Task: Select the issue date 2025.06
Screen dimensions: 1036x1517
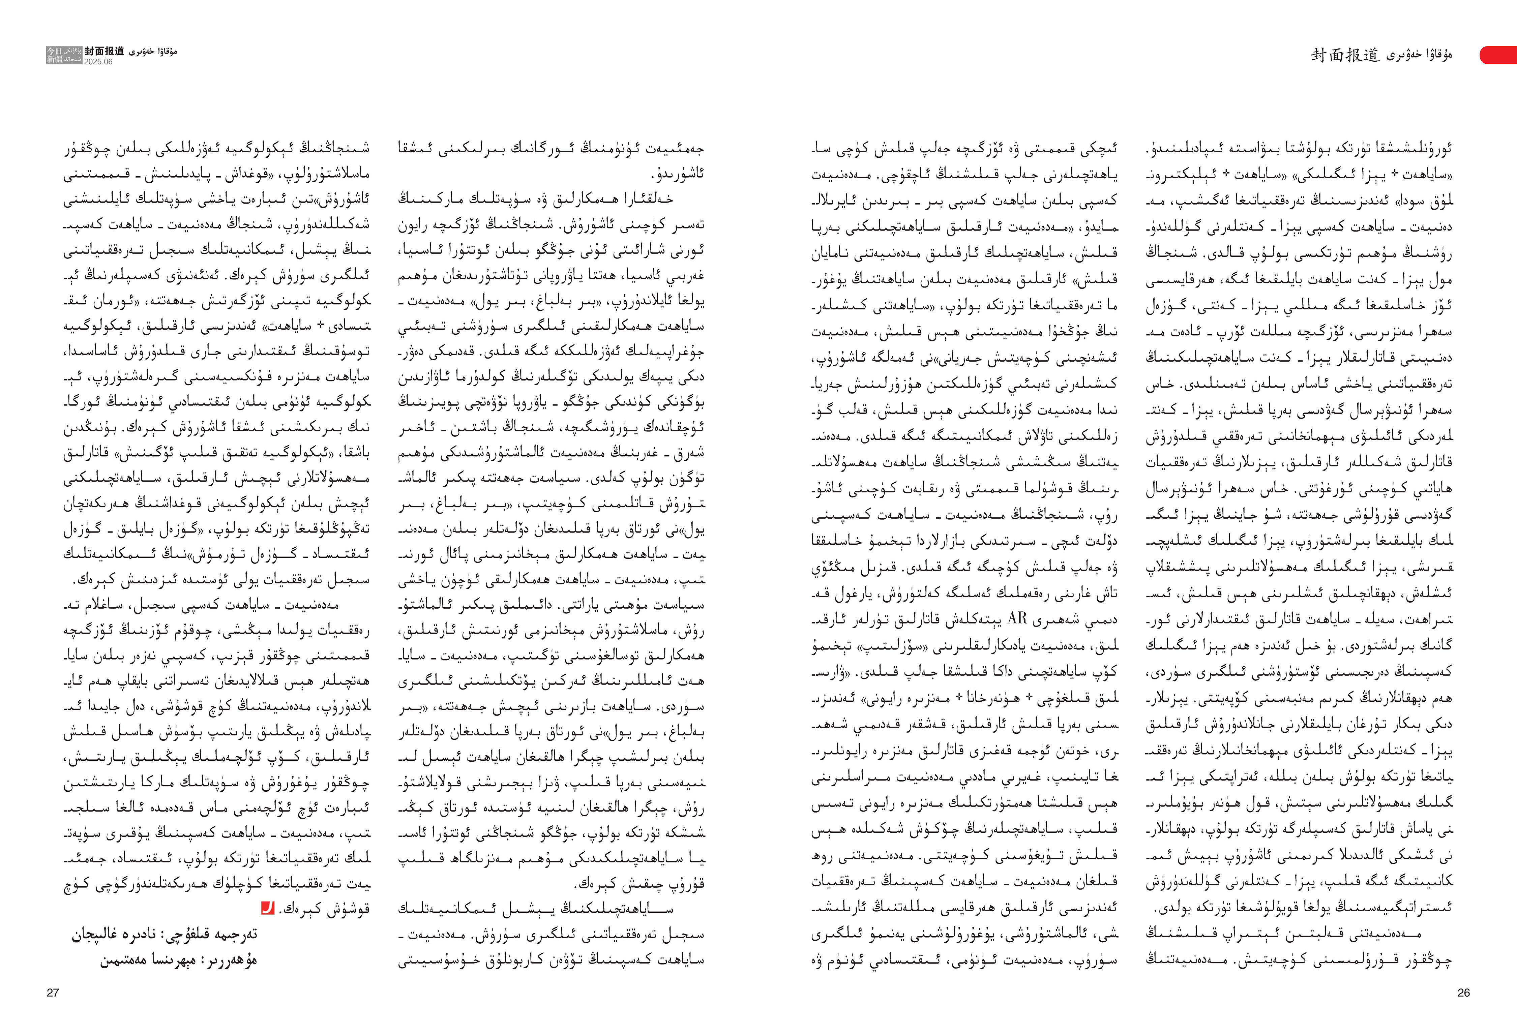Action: tap(98, 62)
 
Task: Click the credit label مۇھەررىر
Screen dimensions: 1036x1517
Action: tap(238, 960)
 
